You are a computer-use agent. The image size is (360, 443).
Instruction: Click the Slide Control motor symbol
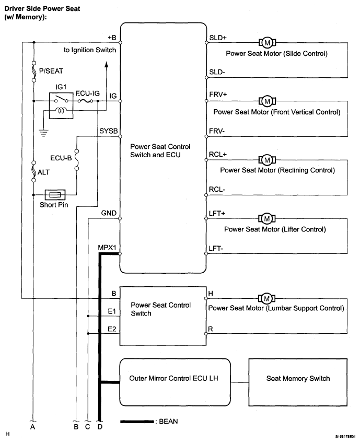coord(267,43)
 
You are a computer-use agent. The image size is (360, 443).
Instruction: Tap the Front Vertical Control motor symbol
coord(267,101)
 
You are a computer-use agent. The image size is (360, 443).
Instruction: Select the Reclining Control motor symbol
coord(267,160)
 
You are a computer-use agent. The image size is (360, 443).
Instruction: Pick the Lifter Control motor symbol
coord(267,218)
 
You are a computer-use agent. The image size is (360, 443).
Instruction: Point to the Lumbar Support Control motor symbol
coord(267,298)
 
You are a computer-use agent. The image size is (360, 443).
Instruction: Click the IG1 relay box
coord(61,106)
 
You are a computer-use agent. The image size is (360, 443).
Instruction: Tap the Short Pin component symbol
coord(55,195)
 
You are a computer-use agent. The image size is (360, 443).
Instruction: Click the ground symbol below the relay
coord(43,133)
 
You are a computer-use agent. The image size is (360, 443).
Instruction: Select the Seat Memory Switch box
coord(298,382)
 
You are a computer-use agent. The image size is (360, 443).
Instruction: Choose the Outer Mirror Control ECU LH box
coord(175,382)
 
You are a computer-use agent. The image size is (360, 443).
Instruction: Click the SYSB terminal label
coord(109,131)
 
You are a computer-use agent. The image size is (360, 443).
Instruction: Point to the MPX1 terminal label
coord(107,248)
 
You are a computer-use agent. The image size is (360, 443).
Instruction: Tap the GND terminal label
coord(109,213)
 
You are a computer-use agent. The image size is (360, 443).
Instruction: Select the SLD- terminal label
coord(217,72)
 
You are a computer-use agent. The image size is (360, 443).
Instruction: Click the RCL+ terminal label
coord(217,155)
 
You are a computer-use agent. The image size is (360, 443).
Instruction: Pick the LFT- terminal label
coord(216,249)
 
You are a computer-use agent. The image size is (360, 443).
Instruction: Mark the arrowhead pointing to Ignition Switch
coord(107,64)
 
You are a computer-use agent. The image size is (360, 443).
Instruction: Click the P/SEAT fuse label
coord(51,71)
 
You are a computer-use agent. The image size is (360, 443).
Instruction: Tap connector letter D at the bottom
coord(100,427)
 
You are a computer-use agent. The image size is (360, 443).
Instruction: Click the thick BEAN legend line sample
coord(137,422)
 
